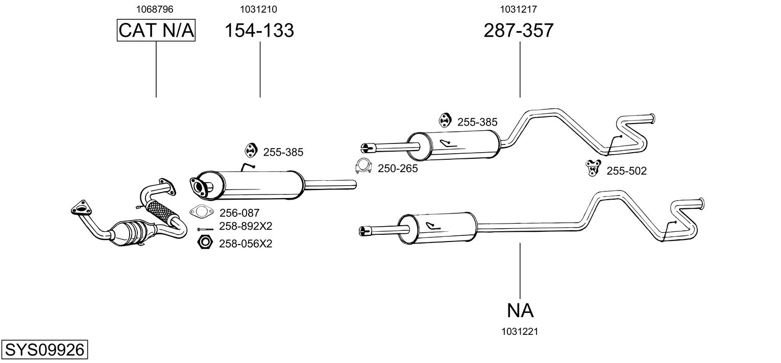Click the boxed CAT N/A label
pos(156,30)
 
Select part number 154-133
pos(259,30)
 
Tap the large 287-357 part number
pos(519,30)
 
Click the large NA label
pos(520,310)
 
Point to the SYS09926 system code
pos(44,349)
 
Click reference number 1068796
pos(155,9)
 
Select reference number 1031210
pos(258,9)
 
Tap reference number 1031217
pos(519,9)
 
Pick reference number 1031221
pos(520,332)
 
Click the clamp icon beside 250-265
pos(363,166)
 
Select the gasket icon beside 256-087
pos(202,211)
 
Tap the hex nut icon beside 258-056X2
pos(205,243)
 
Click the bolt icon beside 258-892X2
pos(205,229)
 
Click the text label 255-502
pos(626,171)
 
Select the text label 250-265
pos(398,168)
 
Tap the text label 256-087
pos(239,213)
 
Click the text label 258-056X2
pos(246,244)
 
